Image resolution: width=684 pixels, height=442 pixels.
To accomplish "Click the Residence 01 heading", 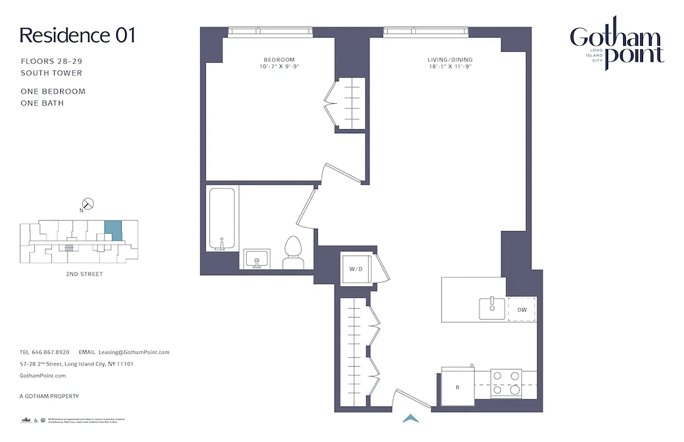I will (77, 35).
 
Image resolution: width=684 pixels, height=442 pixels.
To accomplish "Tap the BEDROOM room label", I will (279, 60).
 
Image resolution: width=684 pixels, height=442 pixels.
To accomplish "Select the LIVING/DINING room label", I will (450, 60).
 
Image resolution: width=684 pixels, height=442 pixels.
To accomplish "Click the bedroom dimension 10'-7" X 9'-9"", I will (279, 66).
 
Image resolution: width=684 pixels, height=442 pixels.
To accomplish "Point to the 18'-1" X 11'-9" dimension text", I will (450, 66).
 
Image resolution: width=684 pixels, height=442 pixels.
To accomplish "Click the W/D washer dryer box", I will (355, 269).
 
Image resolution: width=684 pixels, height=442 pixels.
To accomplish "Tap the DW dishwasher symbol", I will (522, 309).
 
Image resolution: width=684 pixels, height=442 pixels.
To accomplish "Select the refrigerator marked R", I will (457, 387).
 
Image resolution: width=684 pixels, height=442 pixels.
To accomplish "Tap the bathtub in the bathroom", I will (221, 219).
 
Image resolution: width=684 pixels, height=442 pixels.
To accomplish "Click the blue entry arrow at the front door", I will (411, 419).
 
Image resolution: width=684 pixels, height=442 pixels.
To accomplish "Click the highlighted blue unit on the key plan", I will (113, 229).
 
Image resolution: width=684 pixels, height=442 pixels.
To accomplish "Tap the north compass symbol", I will (87, 204).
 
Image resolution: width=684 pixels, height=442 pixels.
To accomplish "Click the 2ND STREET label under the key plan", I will (84, 274).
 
